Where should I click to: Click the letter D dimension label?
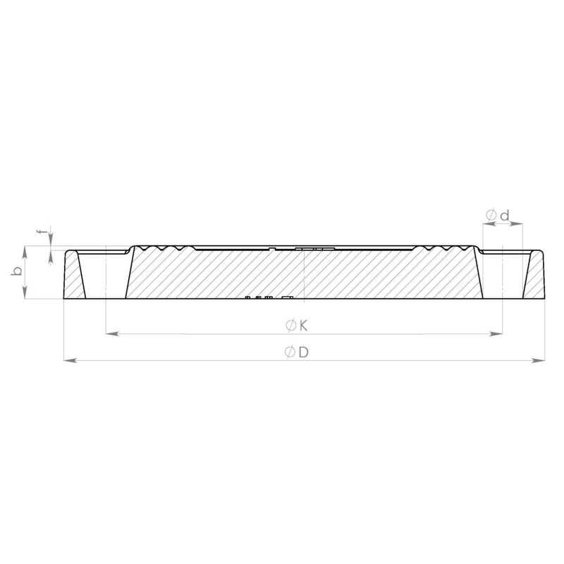click(x=304, y=352)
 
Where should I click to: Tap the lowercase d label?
click(x=505, y=216)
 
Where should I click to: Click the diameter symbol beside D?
click(x=290, y=352)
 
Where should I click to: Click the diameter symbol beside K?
click(x=290, y=326)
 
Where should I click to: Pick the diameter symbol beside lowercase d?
click(x=491, y=216)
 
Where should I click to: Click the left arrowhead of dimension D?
click(x=70, y=360)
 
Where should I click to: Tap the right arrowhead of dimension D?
click(x=539, y=360)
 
